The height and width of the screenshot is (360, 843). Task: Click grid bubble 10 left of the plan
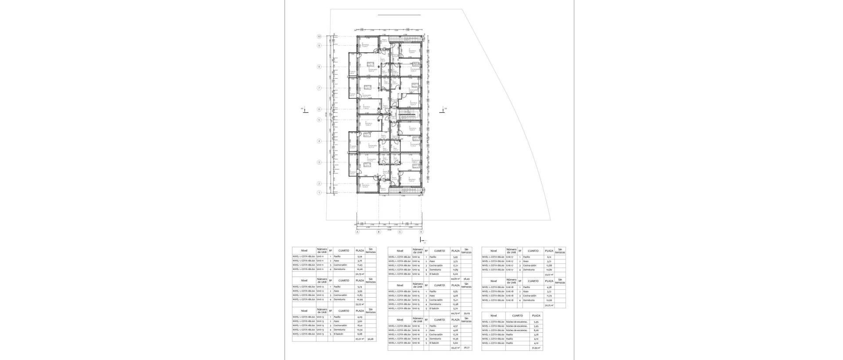tap(320, 36)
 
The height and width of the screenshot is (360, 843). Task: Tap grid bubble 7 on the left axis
tap(320, 88)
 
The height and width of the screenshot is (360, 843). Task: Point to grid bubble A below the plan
tap(357, 232)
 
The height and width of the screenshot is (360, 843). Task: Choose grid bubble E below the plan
tap(421, 232)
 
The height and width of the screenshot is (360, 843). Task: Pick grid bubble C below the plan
tap(400, 232)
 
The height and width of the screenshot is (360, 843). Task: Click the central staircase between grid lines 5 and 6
tap(407, 115)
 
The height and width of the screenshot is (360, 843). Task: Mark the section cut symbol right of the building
tap(443, 110)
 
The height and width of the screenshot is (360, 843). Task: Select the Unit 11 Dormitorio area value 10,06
tap(360, 269)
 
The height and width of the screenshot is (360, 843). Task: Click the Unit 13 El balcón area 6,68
tap(360, 334)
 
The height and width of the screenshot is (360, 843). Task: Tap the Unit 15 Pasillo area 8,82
tap(455, 291)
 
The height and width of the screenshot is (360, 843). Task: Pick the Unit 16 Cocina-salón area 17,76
tap(455, 335)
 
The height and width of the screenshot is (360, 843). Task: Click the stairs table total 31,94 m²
tap(536, 348)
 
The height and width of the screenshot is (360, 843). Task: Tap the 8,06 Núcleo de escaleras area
tap(536, 330)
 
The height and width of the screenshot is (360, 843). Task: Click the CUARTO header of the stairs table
tap(517, 315)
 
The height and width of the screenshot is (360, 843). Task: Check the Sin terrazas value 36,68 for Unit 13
tap(371, 339)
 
